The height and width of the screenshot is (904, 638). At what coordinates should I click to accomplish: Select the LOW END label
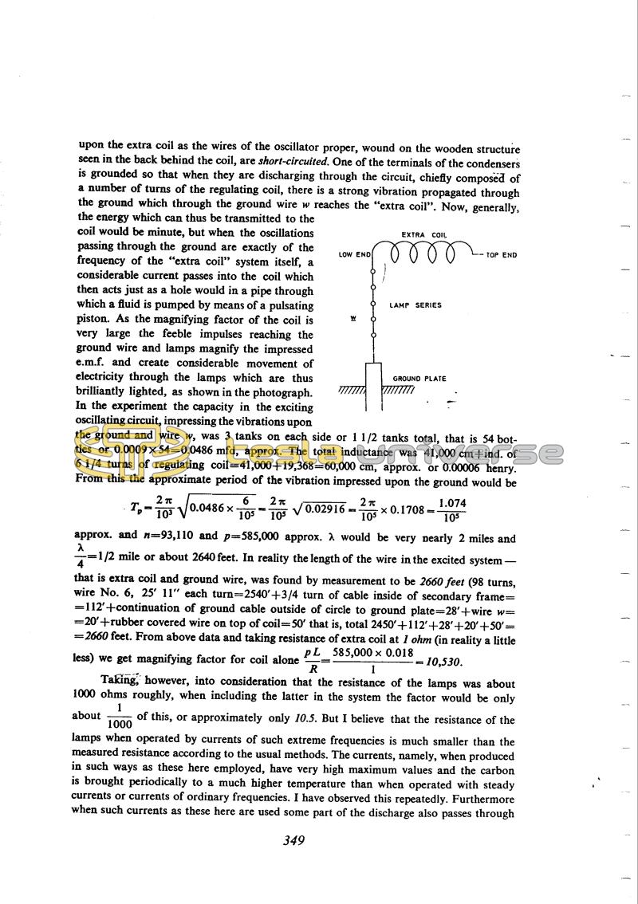pos(355,255)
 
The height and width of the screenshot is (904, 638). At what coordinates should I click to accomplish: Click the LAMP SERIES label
pos(415,305)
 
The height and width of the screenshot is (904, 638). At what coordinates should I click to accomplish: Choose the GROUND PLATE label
pos(419,379)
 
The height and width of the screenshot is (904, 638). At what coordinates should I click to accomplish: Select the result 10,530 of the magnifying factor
pos(443,662)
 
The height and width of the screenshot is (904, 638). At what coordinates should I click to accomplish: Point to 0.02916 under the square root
pos(318,508)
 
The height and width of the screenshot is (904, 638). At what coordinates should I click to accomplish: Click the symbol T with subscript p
pos(138,509)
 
